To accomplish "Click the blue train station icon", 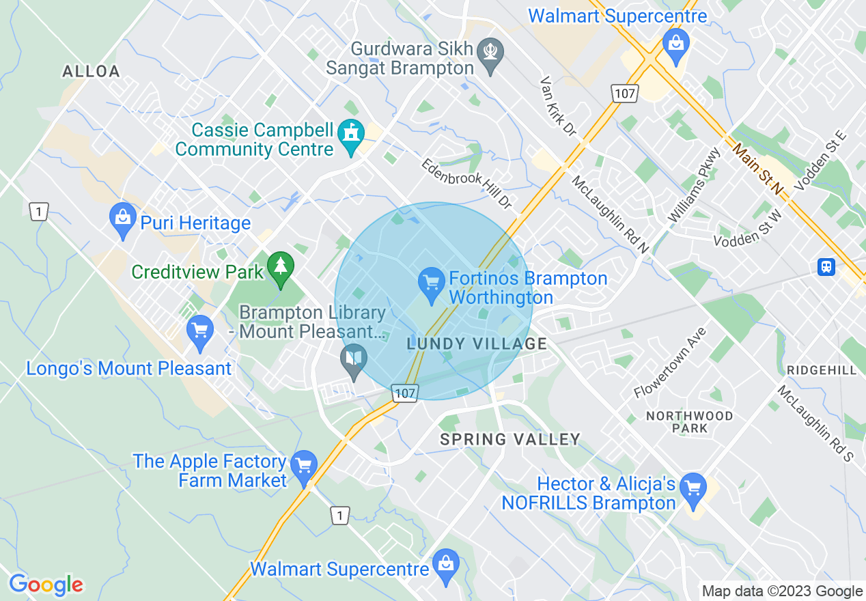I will pos(826,266).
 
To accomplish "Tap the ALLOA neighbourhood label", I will pos(91,71).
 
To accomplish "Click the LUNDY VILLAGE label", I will pos(477,344).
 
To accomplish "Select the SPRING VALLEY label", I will pos(509,439).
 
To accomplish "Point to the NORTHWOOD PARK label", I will pos(689,422).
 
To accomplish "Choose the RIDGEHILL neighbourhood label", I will pos(822,369).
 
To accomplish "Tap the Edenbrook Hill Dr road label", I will pos(466,184).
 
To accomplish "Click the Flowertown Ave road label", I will pos(669,363).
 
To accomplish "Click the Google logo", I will pos(46,585).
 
